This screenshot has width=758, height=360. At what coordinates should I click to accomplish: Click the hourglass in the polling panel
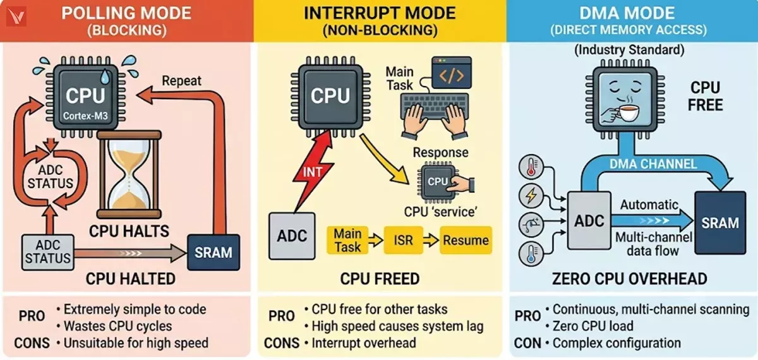tap(129, 174)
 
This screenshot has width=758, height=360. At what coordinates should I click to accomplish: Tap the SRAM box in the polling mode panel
tap(214, 253)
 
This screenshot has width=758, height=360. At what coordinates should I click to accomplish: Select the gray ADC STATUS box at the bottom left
tap(48, 252)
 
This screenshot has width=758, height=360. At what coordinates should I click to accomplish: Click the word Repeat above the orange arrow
tap(181, 81)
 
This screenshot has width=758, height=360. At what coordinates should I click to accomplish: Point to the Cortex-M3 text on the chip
tap(85, 116)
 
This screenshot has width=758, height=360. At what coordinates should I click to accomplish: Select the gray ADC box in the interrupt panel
tap(292, 236)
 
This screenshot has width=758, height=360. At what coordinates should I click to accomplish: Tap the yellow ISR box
tap(404, 240)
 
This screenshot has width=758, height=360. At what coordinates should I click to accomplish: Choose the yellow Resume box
tap(466, 240)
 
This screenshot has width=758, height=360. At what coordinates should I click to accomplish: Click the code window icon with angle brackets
tap(452, 73)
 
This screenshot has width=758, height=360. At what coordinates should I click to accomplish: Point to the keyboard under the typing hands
tap(435, 105)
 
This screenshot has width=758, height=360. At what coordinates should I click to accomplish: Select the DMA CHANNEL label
tap(653, 164)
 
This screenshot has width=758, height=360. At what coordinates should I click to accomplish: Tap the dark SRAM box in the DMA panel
tap(720, 222)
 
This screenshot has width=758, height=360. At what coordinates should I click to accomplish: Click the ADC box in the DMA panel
tap(589, 220)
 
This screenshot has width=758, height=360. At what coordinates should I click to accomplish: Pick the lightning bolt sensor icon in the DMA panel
tap(531, 196)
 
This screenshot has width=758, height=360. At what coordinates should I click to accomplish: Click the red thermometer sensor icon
tap(531, 167)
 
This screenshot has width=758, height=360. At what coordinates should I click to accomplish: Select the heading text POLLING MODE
tap(126, 13)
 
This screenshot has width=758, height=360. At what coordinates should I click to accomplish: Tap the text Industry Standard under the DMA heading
tap(629, 50)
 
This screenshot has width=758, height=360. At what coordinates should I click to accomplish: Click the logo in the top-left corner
tap(16, 16)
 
